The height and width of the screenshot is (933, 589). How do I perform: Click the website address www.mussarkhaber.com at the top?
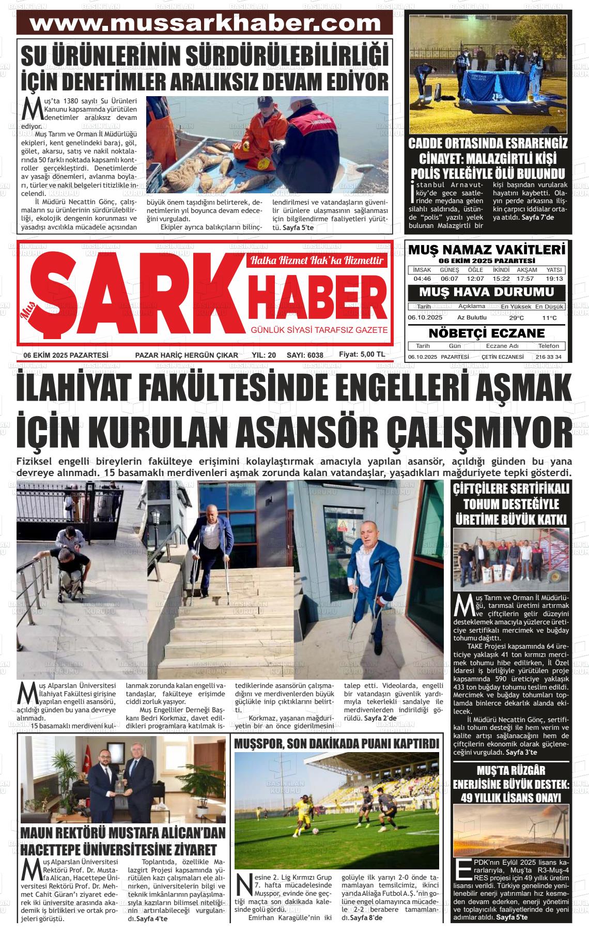pyautogui.click(x=205, y=23)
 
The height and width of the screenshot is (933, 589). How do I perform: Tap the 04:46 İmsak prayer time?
pyautogui.click(x=422, y=279)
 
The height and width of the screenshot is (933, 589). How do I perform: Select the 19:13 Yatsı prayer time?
pyautogui.click(x=554, y=279)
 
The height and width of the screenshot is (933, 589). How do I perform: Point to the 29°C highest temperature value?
pyautogui.click(x=516, y=318)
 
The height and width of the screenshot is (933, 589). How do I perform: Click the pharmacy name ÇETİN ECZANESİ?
pyautogui.click(x=502, y=357)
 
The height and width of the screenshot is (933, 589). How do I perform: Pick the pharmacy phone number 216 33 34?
pyautogui.click(x=548, y=357)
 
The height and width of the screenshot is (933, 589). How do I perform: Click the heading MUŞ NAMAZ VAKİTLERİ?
pyautogui.click(x=487, y=250)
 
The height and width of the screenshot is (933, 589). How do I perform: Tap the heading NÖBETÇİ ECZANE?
pyautogui.click(x=487, y=333)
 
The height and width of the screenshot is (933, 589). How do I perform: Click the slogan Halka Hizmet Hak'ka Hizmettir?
pyautogui.click(x=317, y=261)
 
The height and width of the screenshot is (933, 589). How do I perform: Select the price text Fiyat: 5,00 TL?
pyautogui.click(x=362, y=355)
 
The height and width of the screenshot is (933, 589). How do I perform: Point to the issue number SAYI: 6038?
pyautogui.click(x=305, y=355)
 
